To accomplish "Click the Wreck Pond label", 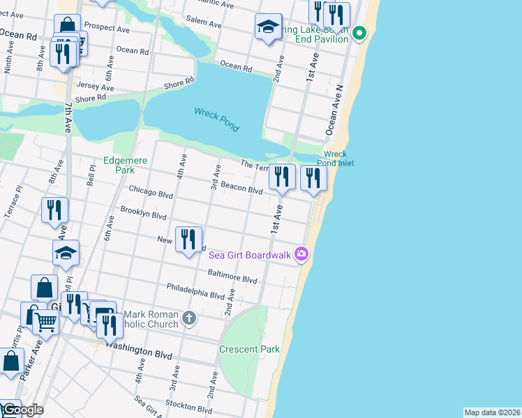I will [216, 119].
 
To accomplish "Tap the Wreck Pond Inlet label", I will [336, 159].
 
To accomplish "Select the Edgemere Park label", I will [126, 165].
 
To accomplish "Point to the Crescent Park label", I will [249, 349].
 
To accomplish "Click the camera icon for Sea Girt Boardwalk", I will [301, 254].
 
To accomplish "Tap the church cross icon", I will [188, 319].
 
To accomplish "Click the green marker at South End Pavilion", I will [359, 33].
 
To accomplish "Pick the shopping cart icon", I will [45, 323].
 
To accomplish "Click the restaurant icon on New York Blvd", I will [188, 240].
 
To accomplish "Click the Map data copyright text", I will [492, 412].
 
